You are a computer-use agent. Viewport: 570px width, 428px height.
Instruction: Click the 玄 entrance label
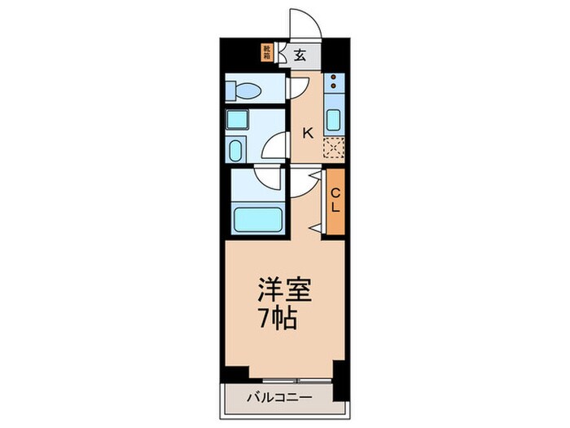(300, 55)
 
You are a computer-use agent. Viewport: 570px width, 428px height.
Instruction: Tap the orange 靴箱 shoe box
(266, 53)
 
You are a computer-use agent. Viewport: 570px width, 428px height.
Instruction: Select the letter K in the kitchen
(308, 131)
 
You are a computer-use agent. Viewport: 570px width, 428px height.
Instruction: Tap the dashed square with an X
(334, 148)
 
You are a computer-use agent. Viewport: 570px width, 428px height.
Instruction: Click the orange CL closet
(335, 201)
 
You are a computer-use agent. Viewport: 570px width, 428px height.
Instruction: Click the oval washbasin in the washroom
(236, 150)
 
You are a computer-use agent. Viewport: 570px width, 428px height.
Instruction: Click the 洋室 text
(285, 289)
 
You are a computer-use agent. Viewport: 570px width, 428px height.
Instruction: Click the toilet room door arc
(298, 88)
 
